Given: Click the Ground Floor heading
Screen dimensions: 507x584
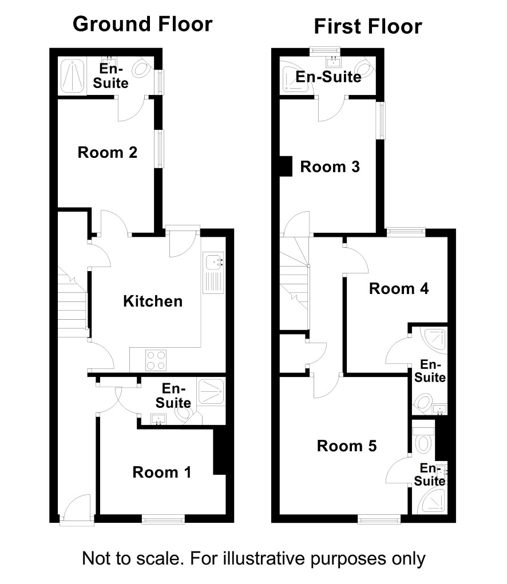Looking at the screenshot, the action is coord(142,24).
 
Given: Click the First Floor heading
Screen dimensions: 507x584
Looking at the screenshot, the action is coord(368,26).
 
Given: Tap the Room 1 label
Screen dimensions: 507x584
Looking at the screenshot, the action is coord(162,472).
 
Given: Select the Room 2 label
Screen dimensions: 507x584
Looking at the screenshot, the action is coord(107,152).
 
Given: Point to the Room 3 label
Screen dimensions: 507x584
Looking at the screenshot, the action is coord(330,167).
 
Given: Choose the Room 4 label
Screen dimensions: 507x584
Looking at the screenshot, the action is coord(399,289).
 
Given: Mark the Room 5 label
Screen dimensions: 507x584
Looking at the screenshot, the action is coord(346,446).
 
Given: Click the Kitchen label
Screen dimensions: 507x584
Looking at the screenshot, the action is coord(153,301).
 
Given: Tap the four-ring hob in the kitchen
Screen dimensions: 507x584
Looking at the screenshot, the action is coord(156,360).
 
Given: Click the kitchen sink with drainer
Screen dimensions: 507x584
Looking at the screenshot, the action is coord(213,273).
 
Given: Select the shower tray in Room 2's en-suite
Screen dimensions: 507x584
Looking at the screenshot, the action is coord(72,76).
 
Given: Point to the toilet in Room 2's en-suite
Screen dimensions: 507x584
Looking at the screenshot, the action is coord(142,68).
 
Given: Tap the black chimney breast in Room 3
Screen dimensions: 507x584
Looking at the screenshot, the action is coord(286,166).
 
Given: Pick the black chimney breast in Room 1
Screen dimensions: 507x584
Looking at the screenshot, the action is coord(219,452).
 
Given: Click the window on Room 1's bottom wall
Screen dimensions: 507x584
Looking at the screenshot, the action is coord(163,519).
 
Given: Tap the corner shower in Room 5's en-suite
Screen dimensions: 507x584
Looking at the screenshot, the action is coord(432,501).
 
